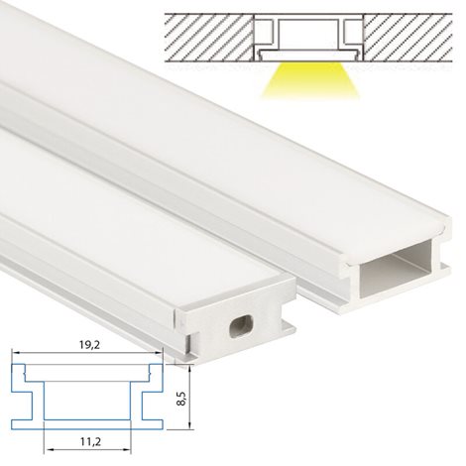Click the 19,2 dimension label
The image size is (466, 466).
(x=89, y=345)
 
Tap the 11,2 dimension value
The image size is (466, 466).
(x=90, y=441)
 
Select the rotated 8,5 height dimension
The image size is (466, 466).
(x=181, y=399)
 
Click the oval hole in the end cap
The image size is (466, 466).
(x=242, y=325)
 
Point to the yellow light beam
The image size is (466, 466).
(x=310, y=80)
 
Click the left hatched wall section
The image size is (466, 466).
(x=209, y=38)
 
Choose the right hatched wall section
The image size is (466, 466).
(x=408, y=38)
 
